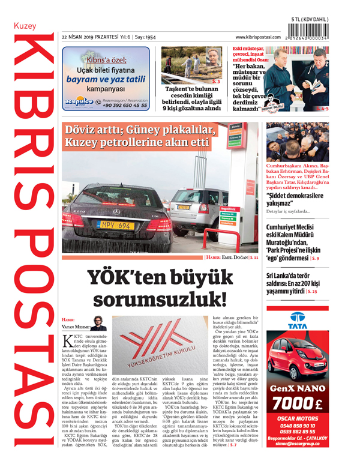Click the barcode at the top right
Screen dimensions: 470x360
click(310, 31)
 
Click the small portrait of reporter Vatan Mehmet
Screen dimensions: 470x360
click(99, 323)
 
